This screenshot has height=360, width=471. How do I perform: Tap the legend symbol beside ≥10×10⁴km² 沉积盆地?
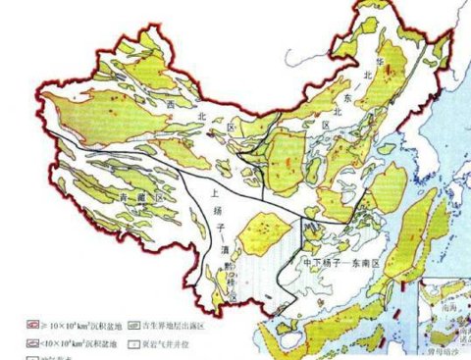(32, 322)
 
